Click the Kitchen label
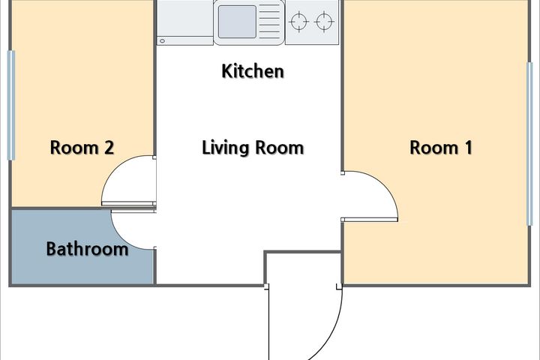point(253,71)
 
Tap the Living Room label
point(253,148)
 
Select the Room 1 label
point(441,148)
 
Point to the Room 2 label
point(82,148)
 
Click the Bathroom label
point(87,249)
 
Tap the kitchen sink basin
point(237,22)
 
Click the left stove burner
point(298,22)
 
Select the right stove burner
point(324,22)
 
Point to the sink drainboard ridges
point(270,22)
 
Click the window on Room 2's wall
point(11,106)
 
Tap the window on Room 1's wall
point(530,144)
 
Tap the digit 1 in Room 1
point(468,148)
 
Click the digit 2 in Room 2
point(109,148)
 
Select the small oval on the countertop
point(162,41)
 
